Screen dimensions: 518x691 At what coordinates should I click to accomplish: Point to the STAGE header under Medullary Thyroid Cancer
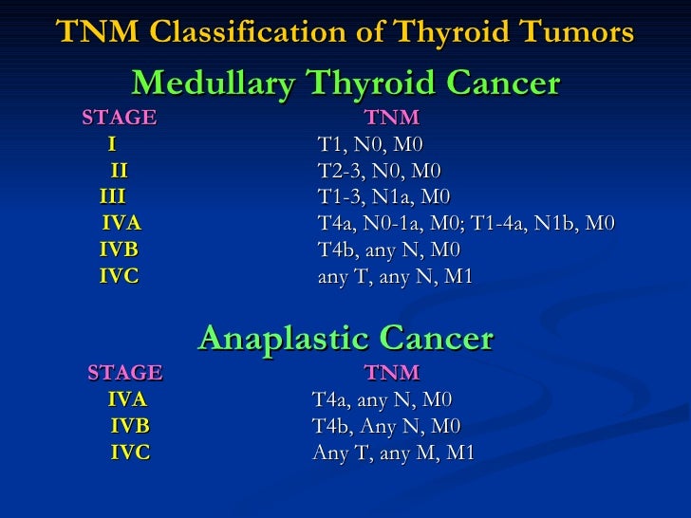coord(120,119)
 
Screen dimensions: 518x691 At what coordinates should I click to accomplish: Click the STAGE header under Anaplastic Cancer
coord(125,372)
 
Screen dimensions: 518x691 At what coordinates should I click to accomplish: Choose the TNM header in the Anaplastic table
coord(392,372)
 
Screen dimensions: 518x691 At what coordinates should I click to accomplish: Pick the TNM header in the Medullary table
coord(392,119)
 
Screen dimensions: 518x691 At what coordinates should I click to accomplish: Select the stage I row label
coord(112,145)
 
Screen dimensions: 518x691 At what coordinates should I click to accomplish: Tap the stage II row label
coord(119,172)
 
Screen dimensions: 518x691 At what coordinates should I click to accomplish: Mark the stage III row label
coord(113,197)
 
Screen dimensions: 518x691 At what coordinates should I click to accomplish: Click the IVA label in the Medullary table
coord(121,224)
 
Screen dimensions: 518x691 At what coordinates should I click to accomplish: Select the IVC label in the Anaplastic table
coord(130,453)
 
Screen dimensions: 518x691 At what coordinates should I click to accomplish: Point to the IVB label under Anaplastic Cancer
coord(130,426)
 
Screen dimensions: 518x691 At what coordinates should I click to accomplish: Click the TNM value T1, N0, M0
coord(370,145)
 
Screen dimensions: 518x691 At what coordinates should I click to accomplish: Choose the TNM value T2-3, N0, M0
coord(379,172)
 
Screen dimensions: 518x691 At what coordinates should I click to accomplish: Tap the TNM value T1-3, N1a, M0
coord(383,197)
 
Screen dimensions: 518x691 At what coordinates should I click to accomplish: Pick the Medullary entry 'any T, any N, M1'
coord(395,277)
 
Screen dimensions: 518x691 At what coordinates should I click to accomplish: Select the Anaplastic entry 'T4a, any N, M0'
coord(383,399)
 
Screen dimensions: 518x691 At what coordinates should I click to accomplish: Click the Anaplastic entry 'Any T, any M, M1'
coord(393,453)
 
